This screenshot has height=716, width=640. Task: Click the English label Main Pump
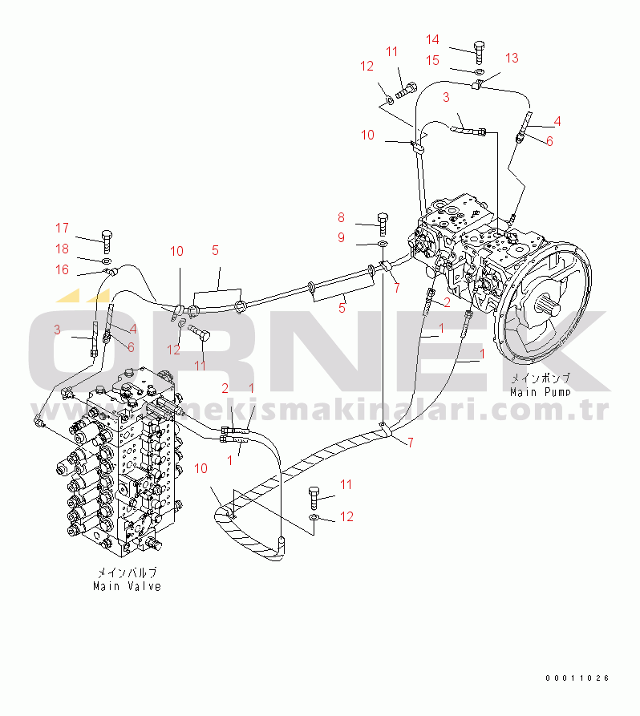(541, 392)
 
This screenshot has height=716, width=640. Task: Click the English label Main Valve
(127, 586)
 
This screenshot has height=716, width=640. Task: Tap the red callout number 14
(432, 40)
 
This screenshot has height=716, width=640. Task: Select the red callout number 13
(512, 58)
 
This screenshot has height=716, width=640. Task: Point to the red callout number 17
(62, 228)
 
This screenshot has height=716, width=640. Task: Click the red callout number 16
(62, 269)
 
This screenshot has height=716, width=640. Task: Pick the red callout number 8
(341, 217)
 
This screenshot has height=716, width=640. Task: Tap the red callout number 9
(341, 237)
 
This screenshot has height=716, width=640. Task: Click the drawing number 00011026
(577, 678)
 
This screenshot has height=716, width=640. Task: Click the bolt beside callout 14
(479, 53)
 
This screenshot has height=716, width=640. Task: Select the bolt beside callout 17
(107, 242)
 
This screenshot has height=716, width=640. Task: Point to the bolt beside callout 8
(383, 224)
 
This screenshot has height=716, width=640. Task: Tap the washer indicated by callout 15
(479, 71)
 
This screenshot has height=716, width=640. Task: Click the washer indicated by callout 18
(106, 261)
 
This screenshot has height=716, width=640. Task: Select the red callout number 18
(62, 249)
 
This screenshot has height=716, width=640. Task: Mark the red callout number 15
(432, 60)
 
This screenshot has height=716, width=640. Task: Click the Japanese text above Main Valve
(127, 572)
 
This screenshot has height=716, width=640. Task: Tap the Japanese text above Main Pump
(541, 378)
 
